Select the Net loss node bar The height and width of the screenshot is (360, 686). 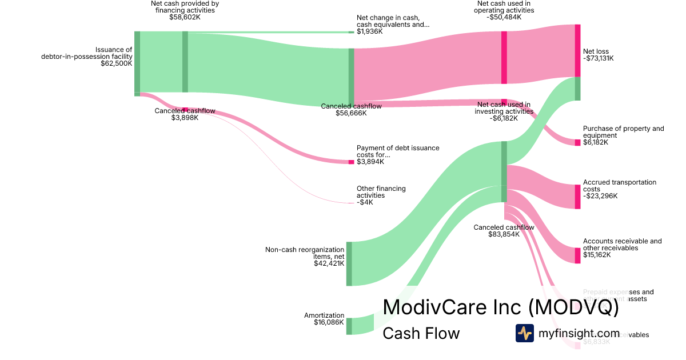[x=577, y=51]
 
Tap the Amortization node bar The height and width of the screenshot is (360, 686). [x=349, y=326]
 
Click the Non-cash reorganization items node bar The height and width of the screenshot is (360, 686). [x=349, y=263]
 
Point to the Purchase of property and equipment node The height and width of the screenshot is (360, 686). [x=577, y=142]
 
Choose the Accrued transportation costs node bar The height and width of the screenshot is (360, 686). [x=577, y=196]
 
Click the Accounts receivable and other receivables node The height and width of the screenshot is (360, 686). [x=577, y=255]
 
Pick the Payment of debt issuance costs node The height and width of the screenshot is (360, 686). [x=352, y=162]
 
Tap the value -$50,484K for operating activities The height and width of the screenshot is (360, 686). [x=505, y=17]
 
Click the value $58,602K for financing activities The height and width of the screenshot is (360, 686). [x=185, y=17]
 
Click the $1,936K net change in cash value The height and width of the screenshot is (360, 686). [x=369, y=31]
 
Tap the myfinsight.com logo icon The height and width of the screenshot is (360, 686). [x=524, y=333]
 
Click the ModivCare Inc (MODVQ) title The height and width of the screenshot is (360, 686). [x=500, y=307]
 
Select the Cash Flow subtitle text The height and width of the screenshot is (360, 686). [x=421, y=333]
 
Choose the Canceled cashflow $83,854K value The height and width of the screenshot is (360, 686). [x=504, y=234]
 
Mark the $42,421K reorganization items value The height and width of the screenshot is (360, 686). [x=329, y=263]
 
